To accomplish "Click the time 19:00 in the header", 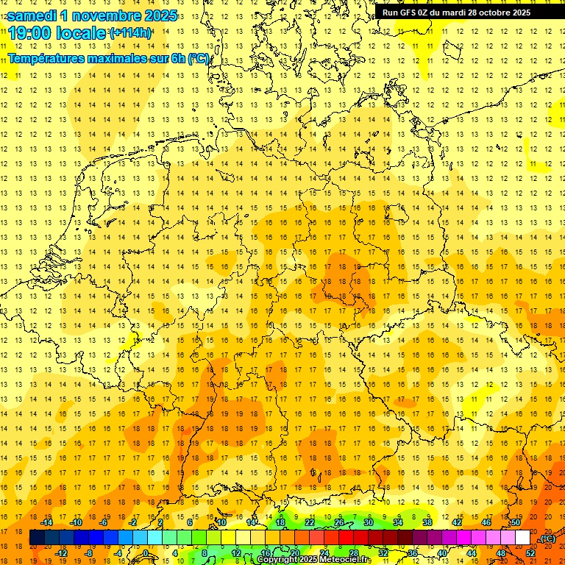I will (x=31, y=33).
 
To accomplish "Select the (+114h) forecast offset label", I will (x=130, y=33).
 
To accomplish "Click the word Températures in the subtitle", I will (x=52, y=58).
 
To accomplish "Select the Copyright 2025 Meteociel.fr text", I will (x=314, y=560).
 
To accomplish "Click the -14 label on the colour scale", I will (x=46, y=522).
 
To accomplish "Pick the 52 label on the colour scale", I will (x=530, y=553).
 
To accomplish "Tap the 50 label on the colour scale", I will (x=515, y=522).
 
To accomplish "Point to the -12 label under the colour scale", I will (x=61, y=553).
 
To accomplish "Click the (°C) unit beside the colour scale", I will (x=548, y=539).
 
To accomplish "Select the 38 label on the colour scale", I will (x=427, y=522).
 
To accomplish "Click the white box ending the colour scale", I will (x=522, y=538).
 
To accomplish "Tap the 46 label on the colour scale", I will (x=486, y=522).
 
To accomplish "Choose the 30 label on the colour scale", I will (x=368, y=522).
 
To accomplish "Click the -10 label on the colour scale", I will (x=76, y=522).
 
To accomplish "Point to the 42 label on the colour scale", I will (x=456, y=522).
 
